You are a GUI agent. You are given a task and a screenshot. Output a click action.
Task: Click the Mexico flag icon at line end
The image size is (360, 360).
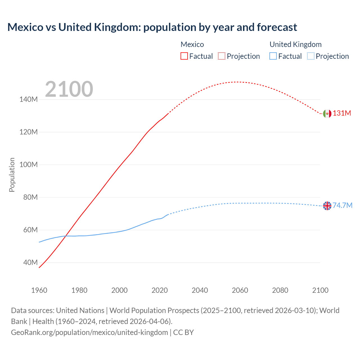click(327, 114)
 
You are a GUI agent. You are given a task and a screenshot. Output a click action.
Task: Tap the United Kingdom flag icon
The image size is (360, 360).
click(327, 206)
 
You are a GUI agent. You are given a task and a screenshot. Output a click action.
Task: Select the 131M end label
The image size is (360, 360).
click(342, 113)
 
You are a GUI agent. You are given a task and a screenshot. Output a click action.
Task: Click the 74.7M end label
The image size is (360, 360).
click(342, 205)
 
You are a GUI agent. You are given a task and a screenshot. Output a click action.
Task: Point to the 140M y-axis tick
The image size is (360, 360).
click(28, 100)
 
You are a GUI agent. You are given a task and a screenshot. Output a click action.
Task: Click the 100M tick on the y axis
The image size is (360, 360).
click(28, 165)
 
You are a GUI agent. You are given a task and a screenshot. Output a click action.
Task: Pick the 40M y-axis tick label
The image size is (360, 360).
click(30, 263)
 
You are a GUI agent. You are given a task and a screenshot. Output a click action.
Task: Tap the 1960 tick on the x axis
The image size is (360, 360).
click(39, 290)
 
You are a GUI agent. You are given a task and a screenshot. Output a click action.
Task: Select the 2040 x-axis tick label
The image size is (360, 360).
click(200, 290)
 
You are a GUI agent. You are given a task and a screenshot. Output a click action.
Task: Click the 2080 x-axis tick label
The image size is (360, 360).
click(280, 290)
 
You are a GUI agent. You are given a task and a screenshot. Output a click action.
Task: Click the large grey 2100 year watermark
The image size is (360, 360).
click(69, 89)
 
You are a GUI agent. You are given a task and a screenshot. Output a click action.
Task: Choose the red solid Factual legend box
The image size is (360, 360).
click(184, 56)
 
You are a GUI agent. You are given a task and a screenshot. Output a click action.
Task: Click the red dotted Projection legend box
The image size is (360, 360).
click(222, 56)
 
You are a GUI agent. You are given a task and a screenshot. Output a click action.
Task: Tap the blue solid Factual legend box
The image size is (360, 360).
click(273, 56)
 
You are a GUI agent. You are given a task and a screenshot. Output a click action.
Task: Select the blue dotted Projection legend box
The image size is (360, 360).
click(310, 56)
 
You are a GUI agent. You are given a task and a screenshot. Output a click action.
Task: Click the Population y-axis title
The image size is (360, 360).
click(12, 175)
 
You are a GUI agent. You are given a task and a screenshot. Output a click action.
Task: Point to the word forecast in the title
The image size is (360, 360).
click(276, 27)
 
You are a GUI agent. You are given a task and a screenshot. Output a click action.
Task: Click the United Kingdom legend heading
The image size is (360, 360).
click(295, 44)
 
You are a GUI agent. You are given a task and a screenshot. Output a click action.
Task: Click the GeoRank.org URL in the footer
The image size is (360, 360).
click(89, 332)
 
